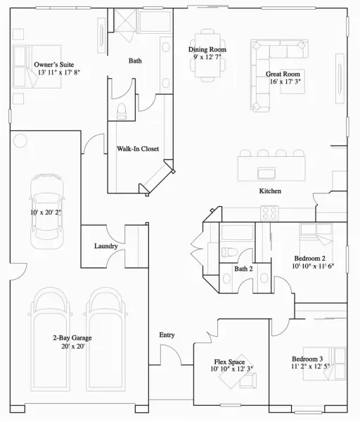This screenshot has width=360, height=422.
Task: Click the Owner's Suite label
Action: point(54,65)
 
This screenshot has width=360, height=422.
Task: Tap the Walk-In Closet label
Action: point(138,149)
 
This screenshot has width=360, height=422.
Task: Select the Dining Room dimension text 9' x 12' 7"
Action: point(207,57)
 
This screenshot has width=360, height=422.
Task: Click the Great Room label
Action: point(283,74)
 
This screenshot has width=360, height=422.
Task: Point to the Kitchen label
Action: point(270,191)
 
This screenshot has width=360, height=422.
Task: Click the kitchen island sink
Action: point(266,173)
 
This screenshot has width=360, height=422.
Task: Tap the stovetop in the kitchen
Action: point(269,213)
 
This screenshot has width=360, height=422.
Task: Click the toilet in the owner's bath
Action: point(122,111)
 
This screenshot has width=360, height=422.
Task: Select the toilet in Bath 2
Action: point(229,252)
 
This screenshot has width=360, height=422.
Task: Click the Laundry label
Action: point(106,246)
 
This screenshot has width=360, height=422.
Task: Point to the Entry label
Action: point(167,335)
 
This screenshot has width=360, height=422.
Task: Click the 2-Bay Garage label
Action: point(72,338)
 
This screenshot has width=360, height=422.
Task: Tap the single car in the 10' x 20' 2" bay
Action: point(47,211)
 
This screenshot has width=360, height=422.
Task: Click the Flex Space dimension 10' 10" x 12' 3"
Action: point(232,369)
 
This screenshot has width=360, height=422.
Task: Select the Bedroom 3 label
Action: point(307,359)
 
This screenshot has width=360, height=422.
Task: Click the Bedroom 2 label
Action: point(309,258)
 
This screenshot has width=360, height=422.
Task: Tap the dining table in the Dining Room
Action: point(207,55)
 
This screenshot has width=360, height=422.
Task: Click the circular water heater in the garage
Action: point(20,140)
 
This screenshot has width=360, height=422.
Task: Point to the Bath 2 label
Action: point(243,269)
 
